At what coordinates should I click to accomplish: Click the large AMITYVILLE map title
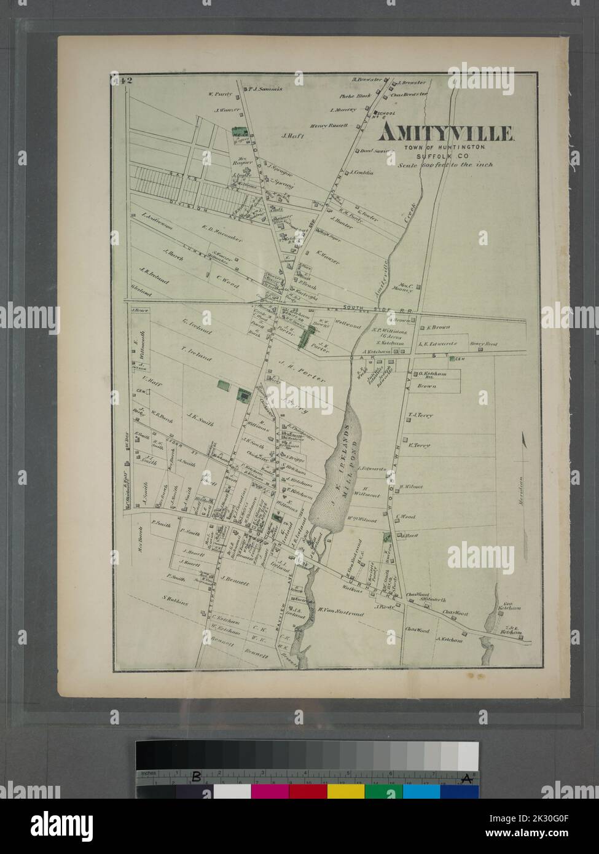tap(446, 133)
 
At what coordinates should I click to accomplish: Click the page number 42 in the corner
tap(119, 80)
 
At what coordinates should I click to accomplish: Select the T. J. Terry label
tap(420, 415)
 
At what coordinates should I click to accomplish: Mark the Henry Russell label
tap(329, 125)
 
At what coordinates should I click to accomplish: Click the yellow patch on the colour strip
tap(345, 791)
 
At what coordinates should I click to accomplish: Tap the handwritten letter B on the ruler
tap(196, 776)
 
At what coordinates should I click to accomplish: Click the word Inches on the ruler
tap(147, 774)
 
